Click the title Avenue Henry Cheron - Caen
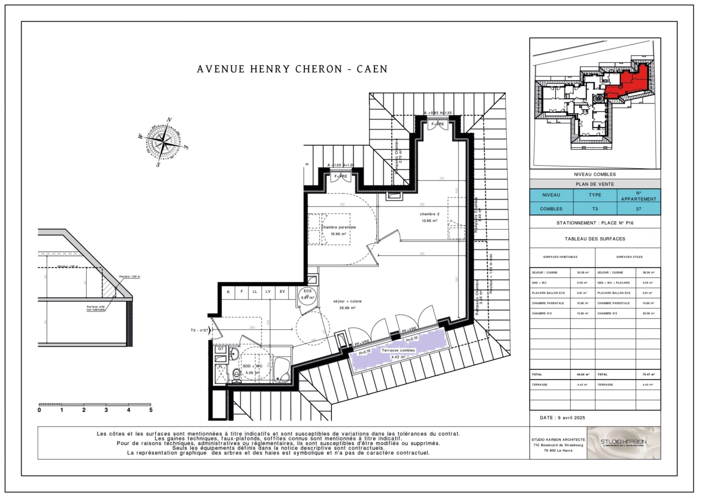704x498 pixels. pos(292,69)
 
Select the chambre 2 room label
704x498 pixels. pos(429,214)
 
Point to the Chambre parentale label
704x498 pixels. pos(338,227)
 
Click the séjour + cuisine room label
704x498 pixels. pos(347,302)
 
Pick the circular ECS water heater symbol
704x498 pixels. pos(307,294)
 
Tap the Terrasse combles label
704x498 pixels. pos(398,350)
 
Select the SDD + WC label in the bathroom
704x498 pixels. pos(252,366)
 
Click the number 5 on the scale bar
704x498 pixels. pos(151,410)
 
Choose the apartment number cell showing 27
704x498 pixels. pos(638,209)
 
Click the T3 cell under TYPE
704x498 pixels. pos(595,209)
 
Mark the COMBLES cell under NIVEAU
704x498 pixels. pos(551,209)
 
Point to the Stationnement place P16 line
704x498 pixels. pos(595,223)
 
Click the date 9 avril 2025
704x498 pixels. pos(562,418)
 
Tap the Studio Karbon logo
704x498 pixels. pos(623,443)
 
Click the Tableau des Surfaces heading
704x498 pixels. pos(595,239)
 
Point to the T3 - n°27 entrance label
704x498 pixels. pos(199,331)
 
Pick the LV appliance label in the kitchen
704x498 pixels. pos(268,292)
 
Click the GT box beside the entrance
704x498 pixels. pos(221,349)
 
